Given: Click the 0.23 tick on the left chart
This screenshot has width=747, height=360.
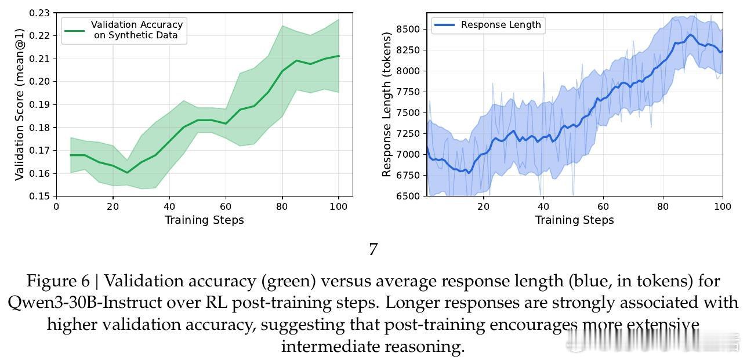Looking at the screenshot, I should [x=40, y=13].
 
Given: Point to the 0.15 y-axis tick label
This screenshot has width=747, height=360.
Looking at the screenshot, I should [x=40, y=197].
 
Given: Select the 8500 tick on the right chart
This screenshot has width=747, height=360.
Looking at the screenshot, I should [x=408, y=29].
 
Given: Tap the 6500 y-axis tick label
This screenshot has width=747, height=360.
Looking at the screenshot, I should [x=408, y=197].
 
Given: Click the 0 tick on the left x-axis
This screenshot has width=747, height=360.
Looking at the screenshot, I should [x=56, y=206].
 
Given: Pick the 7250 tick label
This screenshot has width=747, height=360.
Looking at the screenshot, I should [x=408, y=134].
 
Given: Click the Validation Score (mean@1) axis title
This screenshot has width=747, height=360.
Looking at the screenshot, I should [x=20, y=104].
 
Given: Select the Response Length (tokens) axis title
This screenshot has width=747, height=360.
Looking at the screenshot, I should [x=387, y=104].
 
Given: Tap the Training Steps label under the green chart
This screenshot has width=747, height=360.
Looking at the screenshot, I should [x=204, y=220].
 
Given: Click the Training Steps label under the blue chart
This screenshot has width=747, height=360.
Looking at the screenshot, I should [x=574, y=220].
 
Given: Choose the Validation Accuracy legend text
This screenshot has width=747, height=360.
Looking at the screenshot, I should [x=137, y=30].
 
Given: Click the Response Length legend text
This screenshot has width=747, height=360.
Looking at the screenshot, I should [x=501, y=25].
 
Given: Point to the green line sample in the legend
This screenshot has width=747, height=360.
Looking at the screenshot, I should [x=74, y=30].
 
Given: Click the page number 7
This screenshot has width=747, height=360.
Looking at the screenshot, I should [x=374, y=249].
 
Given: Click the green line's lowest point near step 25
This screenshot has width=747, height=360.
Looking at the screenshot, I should [x=127, y=172].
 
